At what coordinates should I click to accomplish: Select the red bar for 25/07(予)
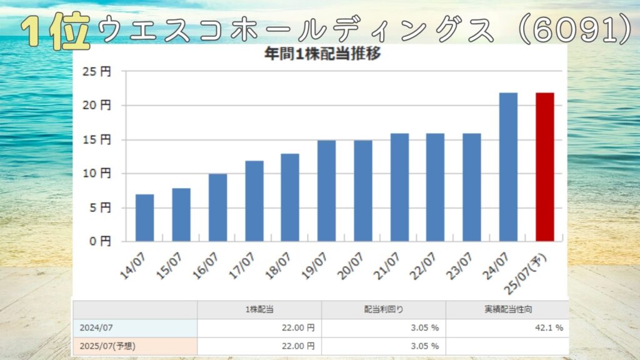pyautogui.click(x=544, y=167)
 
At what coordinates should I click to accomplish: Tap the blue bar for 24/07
pyautogui.click(x=508, y=167)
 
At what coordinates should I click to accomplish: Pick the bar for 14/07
pyautogui.click(x=144, y=217)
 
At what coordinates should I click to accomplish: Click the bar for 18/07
pyautogui.click(x=290, y=197)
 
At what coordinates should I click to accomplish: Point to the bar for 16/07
pyautogui.click(x=217, y=207)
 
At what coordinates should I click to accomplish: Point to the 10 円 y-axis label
pyautogui.click(x=96, y=174)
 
